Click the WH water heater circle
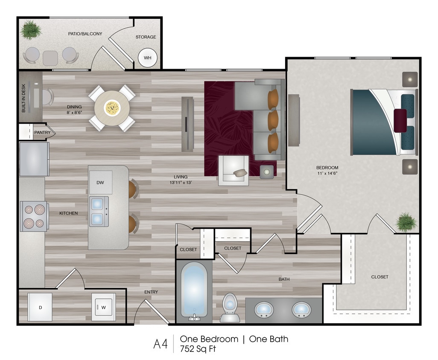[147, 58]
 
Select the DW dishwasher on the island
[100, 183]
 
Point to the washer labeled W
[104, 306]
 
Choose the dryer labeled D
[40, 307]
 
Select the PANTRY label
[42, 133]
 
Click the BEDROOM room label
[327, 168]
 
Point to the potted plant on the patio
[31, 30]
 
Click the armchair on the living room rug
[234, 170]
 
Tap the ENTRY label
[151, 292]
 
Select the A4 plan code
[161, 344]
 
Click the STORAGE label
[146, 37]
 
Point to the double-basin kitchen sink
[99, 212]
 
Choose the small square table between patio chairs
[50, 58]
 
